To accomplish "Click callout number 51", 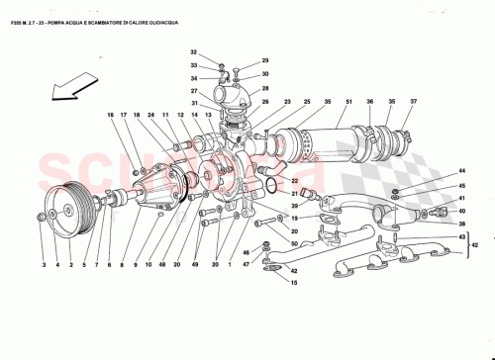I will pos(349,102).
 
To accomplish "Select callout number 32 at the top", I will pos(194,51).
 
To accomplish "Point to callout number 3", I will pos(44,264).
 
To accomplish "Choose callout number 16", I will pos(111,116).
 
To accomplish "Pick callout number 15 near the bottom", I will pos(293,284).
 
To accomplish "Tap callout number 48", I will pos(163,264).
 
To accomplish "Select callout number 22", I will pos(294,181).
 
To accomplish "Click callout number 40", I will pos(461,211).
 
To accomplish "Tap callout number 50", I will pos(294,243).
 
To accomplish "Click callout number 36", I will pos(368,102).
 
